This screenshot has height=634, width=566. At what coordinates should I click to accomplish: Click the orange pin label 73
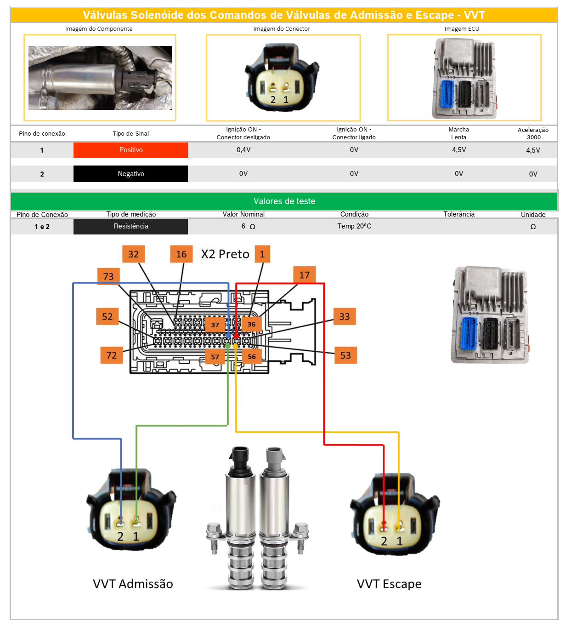(108, 276)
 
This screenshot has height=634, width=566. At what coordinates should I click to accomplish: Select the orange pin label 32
(133, 254)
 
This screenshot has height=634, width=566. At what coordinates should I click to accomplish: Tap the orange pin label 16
(181, 254)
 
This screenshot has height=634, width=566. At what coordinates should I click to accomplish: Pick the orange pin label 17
(304, 275)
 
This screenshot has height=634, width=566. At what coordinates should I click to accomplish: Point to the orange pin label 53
(345, 355)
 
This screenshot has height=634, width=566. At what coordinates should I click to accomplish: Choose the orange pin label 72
(112, 355)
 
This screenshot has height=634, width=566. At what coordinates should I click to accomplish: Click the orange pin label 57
(215, 357)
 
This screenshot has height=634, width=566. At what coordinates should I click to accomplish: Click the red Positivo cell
(131, 150)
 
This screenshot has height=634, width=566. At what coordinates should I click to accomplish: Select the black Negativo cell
(131, 174)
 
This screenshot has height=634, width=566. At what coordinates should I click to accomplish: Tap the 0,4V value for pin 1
(243, 150)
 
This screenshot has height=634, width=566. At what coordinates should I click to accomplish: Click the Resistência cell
(131, 226)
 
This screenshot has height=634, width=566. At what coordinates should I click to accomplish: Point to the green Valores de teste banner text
(284, 201)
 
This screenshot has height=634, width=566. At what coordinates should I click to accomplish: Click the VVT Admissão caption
(133, 584)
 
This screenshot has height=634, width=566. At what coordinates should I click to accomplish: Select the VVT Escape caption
(389, 584)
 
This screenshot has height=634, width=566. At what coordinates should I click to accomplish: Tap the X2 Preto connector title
(225, 254)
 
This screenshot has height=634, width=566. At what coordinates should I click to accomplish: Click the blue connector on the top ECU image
(447, 94)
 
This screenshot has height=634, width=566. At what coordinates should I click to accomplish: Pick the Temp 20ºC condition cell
(354, 226)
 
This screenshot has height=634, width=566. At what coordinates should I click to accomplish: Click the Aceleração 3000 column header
(533, 133)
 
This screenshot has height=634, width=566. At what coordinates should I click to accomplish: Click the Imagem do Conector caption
(282, 29)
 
